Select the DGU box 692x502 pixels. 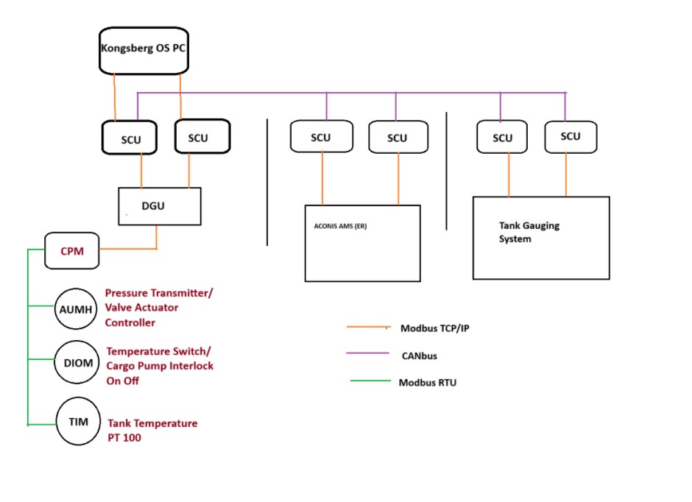(160, 206)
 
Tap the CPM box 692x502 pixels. (72, 251)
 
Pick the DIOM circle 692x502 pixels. (77, 363)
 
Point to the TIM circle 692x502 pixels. (77, 423)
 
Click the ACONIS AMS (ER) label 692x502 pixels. (336, 226)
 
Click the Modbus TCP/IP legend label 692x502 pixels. (435, 328)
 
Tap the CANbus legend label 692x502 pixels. (418, 356)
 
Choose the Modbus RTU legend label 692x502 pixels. (427, 383)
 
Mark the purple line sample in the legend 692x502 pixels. (367, 354)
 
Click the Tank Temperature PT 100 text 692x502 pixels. (152, 430)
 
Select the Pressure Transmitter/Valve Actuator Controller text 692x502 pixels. (159, 308)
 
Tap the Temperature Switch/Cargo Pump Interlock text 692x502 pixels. (160, 366)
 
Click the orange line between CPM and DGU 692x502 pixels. (128, 249)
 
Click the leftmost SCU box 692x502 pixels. (130, 138)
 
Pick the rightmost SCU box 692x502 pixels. (570, 137)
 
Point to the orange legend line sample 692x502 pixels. (367, 327)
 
